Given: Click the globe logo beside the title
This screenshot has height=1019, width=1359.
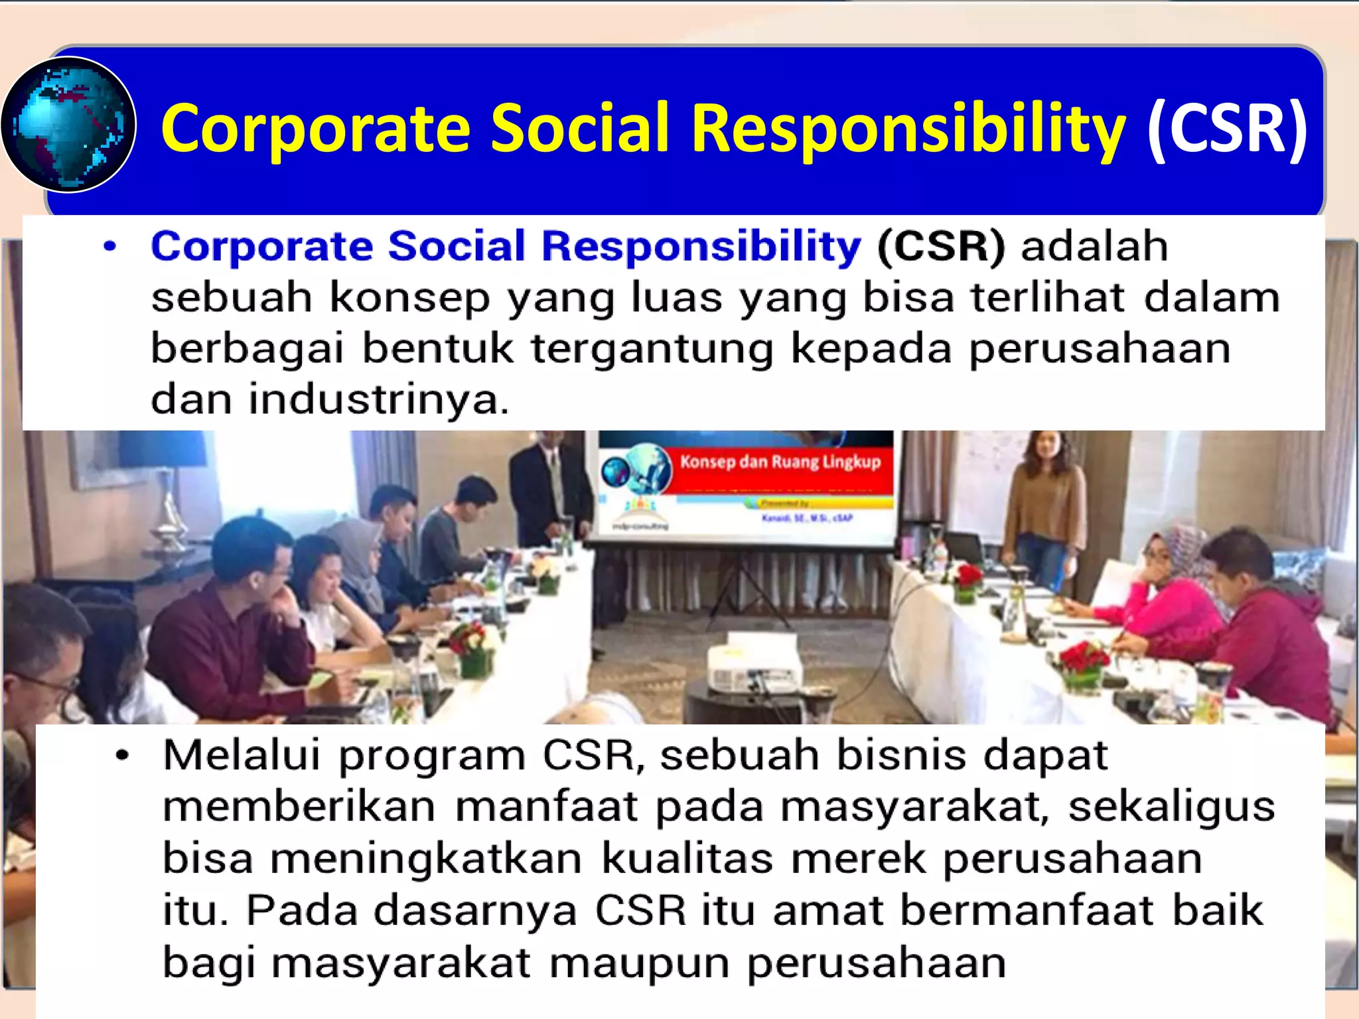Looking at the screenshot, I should click(68, 125).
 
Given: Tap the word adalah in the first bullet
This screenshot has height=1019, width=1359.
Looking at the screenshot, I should click(1094, 247).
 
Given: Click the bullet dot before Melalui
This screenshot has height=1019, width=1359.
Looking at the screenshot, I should click(122, 755).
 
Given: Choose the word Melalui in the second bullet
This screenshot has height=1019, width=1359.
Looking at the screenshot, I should click(242, 755).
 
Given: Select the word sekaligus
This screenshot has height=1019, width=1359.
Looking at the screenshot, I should click(1171, 807).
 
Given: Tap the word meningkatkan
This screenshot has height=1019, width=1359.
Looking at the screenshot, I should click(426, 858).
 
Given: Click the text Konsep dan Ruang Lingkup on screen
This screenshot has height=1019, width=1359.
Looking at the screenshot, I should click(780, 462).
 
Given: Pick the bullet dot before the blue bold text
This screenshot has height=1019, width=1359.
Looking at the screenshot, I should click(110, 247).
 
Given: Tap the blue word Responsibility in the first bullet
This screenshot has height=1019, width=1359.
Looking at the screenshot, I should click(701, 247).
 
